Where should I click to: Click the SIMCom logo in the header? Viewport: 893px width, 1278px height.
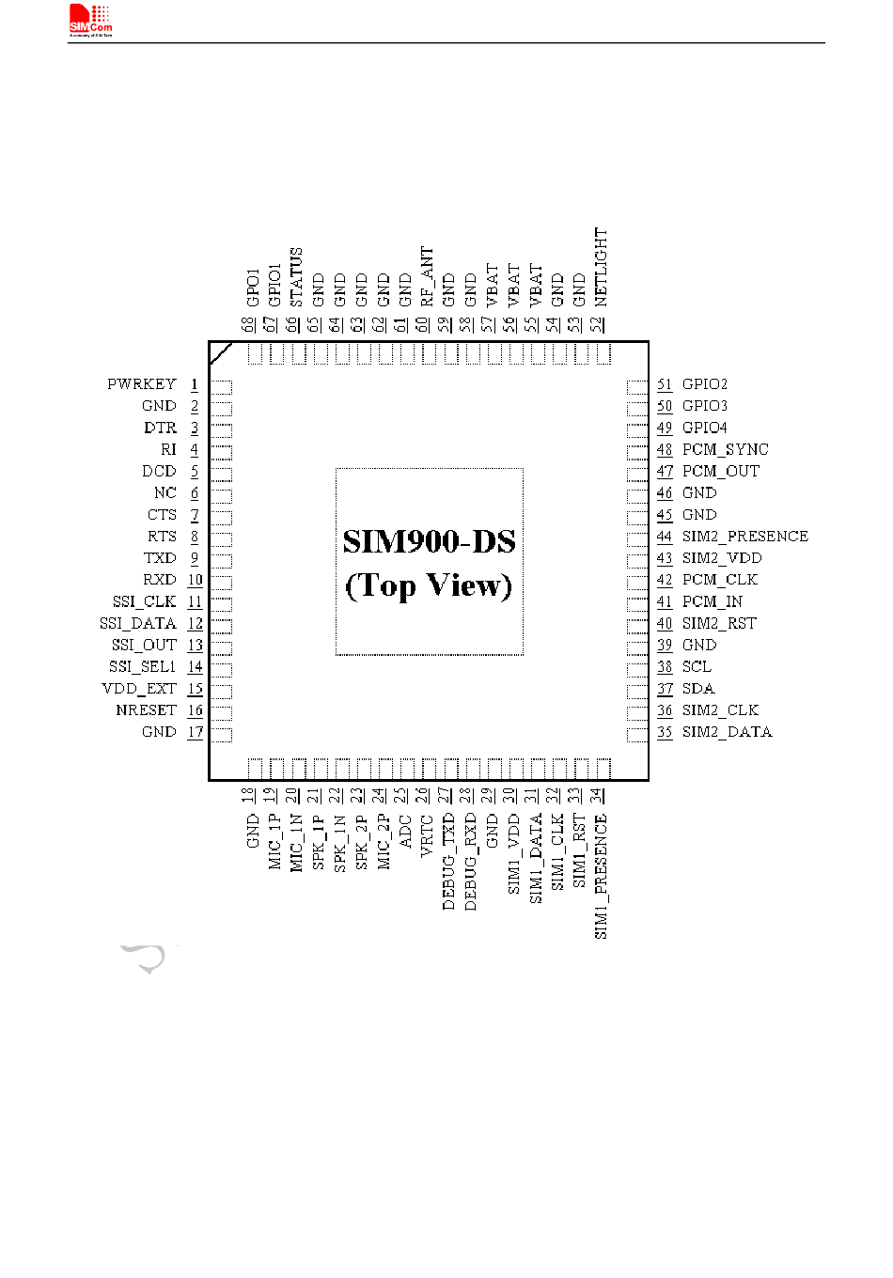pos(91,20)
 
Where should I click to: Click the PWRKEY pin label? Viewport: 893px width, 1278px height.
pos(142,384)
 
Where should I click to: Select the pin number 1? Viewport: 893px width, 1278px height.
pos(195,384)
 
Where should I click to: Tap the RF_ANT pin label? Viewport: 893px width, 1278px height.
pos(427,276)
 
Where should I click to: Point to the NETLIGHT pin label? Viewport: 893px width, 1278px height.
pos(601,267)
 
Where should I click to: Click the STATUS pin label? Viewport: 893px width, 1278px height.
pos(296,276)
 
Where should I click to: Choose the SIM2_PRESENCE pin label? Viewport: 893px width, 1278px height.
pos(744,537)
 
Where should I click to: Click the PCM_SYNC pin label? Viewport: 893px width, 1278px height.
pos(725,449)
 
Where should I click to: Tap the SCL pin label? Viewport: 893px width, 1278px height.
pos(697,667)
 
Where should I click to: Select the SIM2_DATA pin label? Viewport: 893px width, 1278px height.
pos(727,732)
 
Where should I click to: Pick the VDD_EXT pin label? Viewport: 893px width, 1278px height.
pos(139,689)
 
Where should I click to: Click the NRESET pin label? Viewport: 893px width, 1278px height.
pos(146,710)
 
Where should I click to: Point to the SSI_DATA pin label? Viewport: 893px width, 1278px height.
pos(138,623)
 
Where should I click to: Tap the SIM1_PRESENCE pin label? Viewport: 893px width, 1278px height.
pos(602,876)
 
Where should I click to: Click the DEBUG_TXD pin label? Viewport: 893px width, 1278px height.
pos(448,861)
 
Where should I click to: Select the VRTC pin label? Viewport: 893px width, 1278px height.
pos(427,835)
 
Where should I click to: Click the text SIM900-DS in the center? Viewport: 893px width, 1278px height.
pos(429,542)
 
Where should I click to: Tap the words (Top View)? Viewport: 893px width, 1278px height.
pos(429,585)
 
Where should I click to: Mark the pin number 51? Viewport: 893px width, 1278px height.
pos(665,384)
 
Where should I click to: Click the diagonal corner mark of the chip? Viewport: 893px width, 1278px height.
pos(221,353)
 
